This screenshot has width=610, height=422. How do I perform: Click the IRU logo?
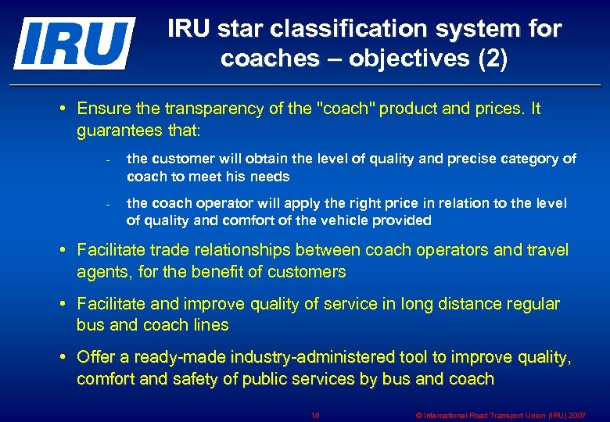(x=74, y=43)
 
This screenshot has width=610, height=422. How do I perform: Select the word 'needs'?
(x=271, y=177)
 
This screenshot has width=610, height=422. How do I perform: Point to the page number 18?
(x=315, y=415)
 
